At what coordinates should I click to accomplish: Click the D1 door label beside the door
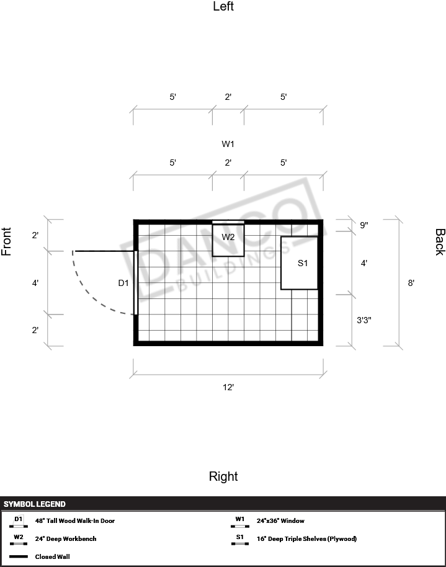coord(123,283)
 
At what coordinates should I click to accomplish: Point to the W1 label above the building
coord(228,144)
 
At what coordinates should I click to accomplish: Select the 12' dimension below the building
coord(228,387)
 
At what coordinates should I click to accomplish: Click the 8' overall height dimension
coord(411,283)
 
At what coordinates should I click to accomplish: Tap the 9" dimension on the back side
coord(364,225)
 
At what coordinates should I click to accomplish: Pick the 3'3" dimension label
coord(364,320)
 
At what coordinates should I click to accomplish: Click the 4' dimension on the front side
coord(35,283)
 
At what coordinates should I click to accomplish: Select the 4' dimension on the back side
coord(364,263)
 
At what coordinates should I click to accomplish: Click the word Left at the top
coord(223,6)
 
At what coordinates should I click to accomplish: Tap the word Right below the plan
coord(223,476)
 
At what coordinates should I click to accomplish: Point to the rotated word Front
coord(6,241)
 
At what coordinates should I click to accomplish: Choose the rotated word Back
coord(440,242)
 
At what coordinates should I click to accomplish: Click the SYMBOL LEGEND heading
coord(35,504)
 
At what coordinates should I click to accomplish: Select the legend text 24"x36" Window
coord(280,520)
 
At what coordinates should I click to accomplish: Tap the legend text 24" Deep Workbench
coord(66,539)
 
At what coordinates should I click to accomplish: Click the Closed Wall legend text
coord(53,557)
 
